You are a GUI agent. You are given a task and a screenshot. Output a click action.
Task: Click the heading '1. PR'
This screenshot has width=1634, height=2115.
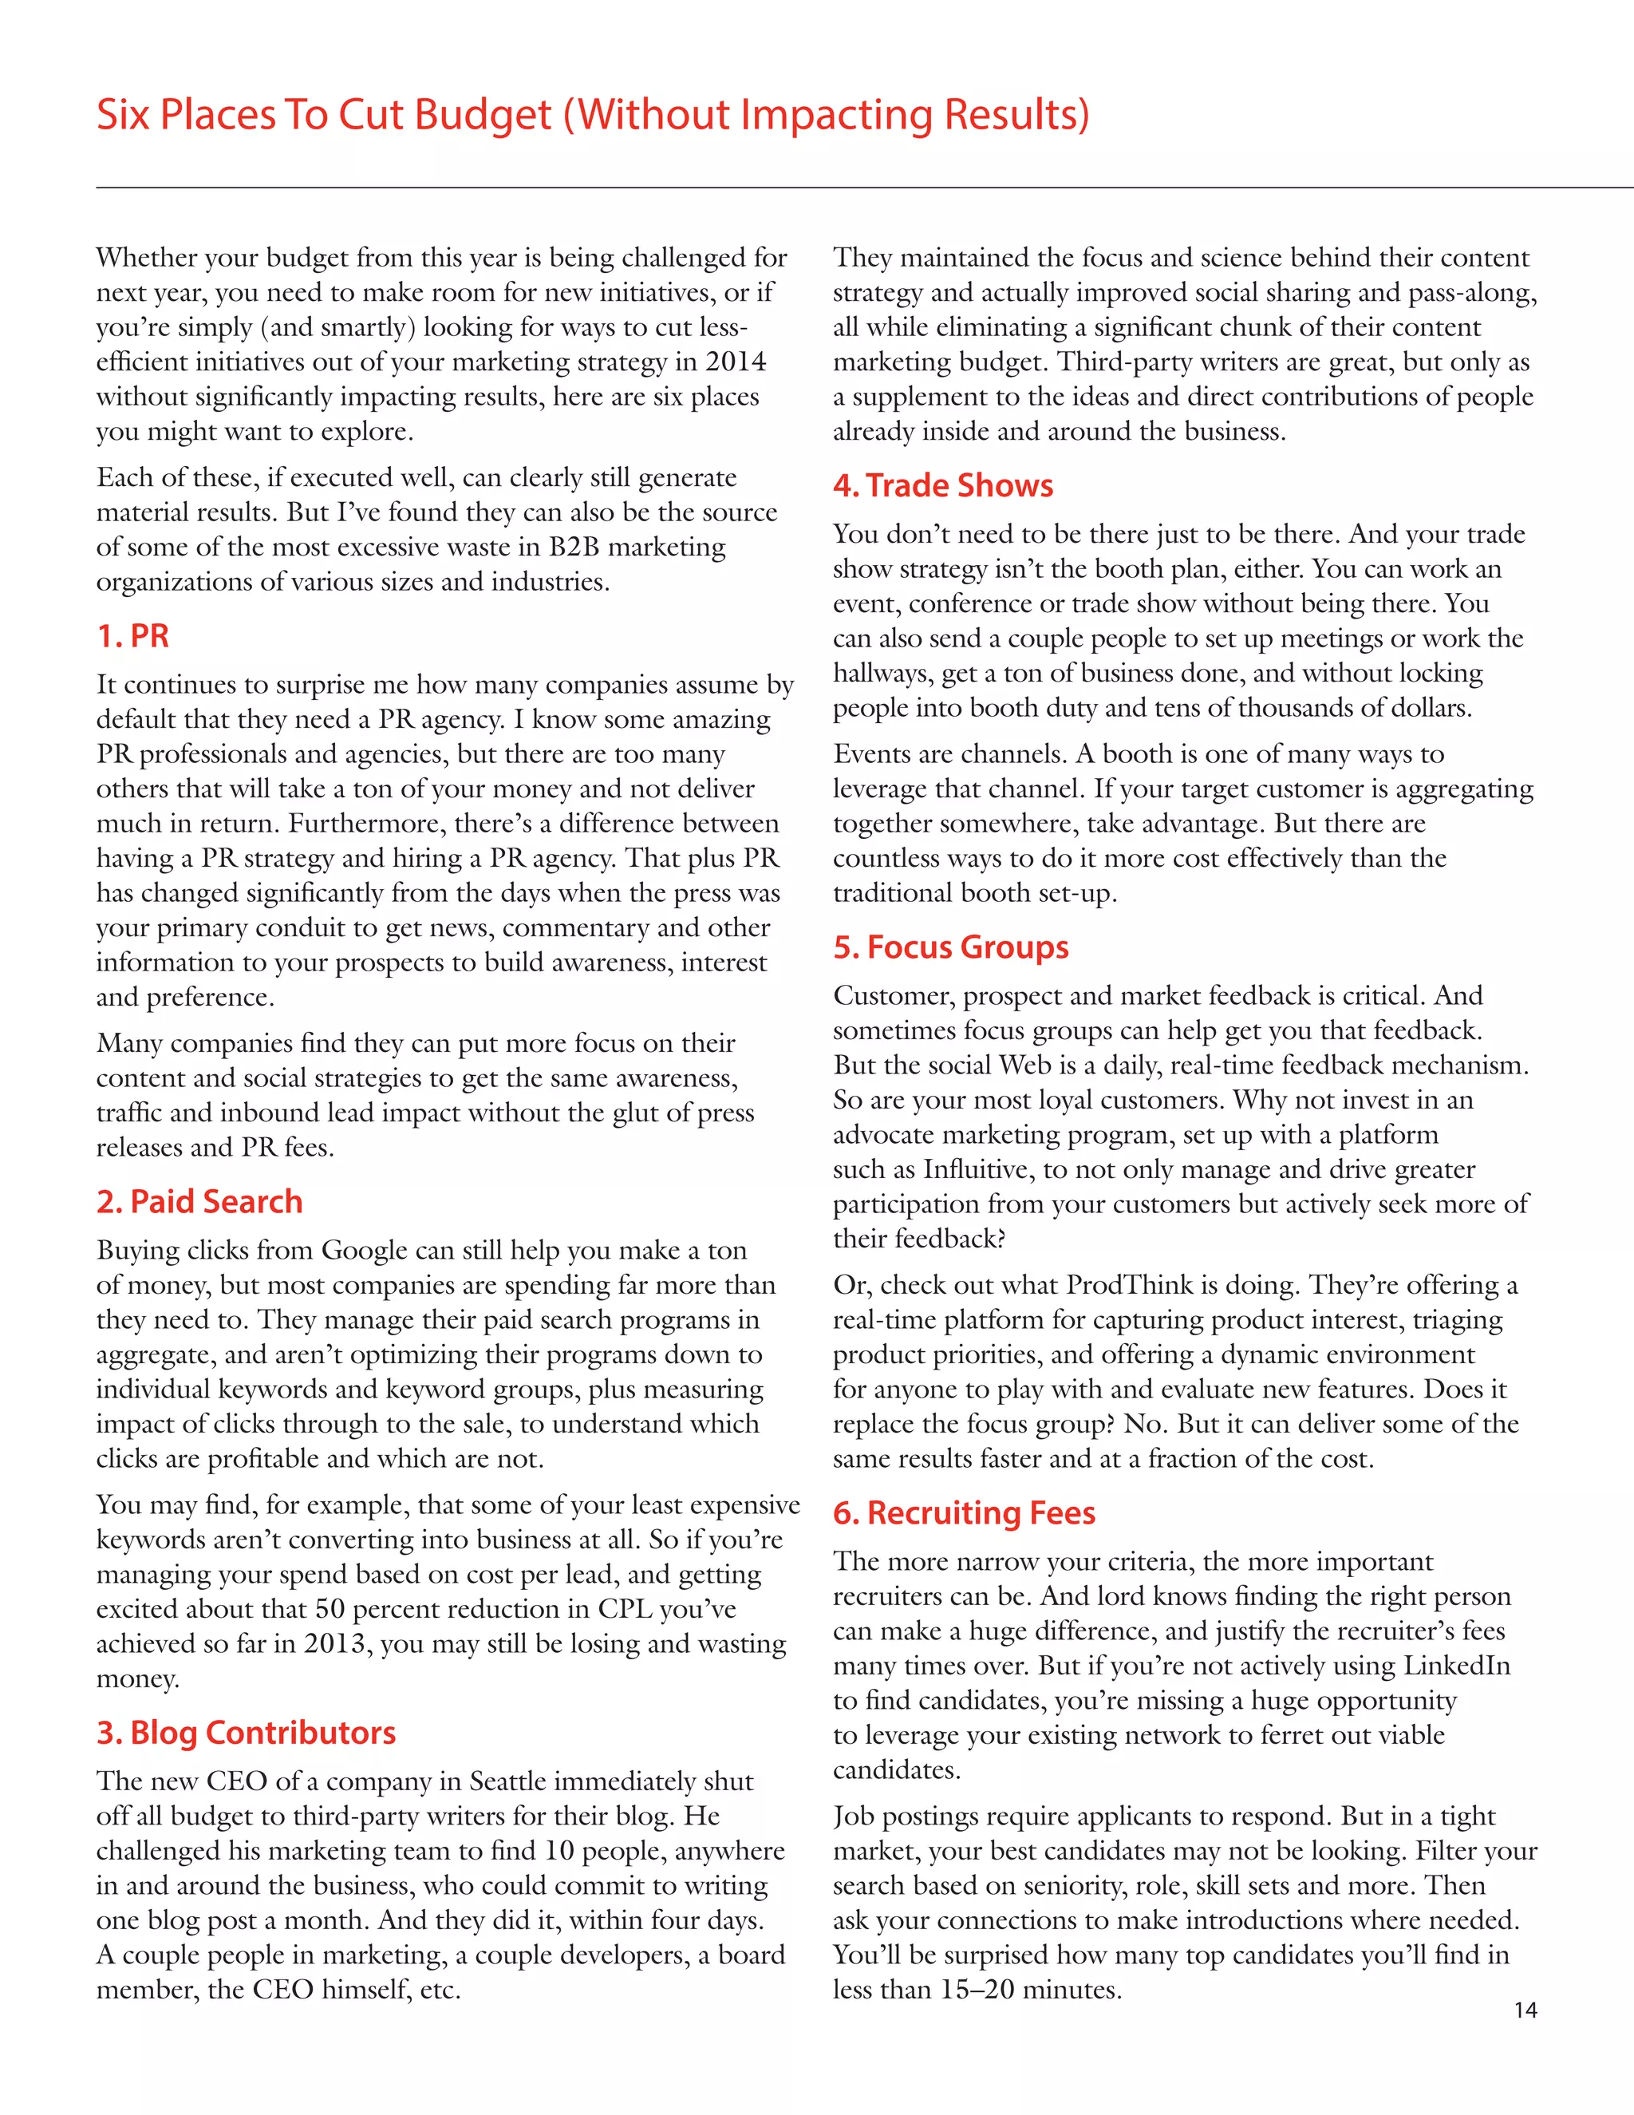pyautogui.click(x=132, y=636)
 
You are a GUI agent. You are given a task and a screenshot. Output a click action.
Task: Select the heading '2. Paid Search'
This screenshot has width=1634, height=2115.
pyautogui.click(x=199, y=1202)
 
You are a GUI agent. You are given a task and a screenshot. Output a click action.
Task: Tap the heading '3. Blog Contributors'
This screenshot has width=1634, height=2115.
pyautogui.click(x=246, y=1733)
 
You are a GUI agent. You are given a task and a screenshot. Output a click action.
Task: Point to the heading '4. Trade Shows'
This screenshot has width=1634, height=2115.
pyautogui.click(x=943, y=485)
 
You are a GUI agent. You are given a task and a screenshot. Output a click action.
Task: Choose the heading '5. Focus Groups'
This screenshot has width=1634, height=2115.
pyautogui.click(x=950, y=947)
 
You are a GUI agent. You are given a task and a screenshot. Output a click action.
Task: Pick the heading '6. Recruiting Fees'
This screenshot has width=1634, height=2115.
pyautogui.click(x=964, y=1512)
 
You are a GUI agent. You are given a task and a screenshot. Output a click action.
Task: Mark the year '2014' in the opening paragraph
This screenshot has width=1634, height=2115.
pyautogui.click(x=736, y=362)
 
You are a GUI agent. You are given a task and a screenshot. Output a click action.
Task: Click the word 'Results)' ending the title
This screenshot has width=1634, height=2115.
pyautogui.click(x=1016, y=115)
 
